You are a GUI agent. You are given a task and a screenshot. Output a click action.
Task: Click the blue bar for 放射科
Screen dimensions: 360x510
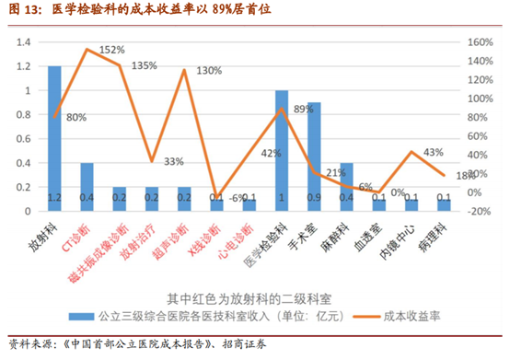(x=54, y=138)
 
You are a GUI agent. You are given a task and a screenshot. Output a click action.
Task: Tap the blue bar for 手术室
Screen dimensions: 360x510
(x=314, y=157)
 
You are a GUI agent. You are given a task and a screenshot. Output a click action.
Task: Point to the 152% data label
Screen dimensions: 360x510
(x=111, y=50)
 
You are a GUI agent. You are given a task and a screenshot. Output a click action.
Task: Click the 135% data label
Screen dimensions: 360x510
(x=145, y=66)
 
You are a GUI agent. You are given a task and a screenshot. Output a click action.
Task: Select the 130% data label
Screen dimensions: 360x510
(x=209, y=70)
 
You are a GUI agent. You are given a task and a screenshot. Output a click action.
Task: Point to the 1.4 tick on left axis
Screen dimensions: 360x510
(x=24, y=42)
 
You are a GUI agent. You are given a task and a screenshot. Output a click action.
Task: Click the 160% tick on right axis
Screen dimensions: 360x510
(x=480, y=42)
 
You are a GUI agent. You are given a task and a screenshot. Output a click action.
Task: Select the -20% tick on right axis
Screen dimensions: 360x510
(x=480, y=210)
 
